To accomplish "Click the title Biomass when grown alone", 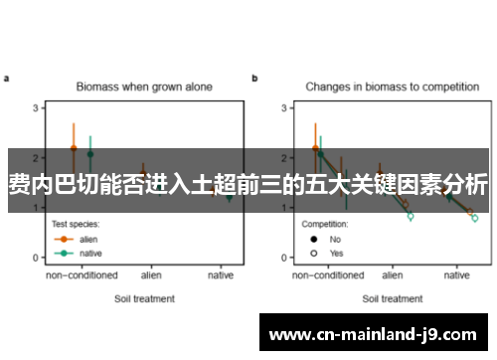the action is click(x=144, y=87).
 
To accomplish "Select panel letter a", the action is click(x=7, y=78).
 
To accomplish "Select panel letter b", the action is click(x=254, y=78).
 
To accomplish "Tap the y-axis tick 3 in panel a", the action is click(x=36, y=107).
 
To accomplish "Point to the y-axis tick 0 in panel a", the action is click(x=36, y=258).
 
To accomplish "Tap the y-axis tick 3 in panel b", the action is click(x=283, y=107).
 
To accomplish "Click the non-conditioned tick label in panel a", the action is click(x=82, y=274).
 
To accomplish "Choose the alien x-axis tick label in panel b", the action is click(x=393, y=274).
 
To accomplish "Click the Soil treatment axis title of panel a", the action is click(x=144, y=297).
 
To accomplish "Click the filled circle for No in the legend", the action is click(x=313, y=239).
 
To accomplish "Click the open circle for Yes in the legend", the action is click(x=313, y=253).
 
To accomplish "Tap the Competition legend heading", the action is click(x=325, y=224).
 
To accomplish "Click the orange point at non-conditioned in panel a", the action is click(x=74, y=148).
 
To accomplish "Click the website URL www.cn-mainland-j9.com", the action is click(x=373, y=333).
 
